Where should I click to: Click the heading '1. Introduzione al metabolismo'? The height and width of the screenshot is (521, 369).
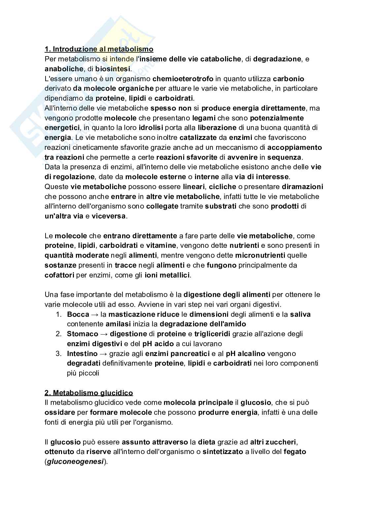(99, 49)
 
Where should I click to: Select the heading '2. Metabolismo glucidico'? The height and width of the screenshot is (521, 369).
(89, 393)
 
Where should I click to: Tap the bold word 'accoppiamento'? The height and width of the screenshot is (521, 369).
(294, 147)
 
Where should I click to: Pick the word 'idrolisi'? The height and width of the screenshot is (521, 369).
(151, 128)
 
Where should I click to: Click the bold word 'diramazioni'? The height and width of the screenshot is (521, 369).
(302, 186)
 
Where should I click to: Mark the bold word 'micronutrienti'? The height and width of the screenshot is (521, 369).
(260, 255)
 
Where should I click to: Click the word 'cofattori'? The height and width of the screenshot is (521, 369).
(59, 275)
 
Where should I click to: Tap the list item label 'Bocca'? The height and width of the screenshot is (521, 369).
(78, 314)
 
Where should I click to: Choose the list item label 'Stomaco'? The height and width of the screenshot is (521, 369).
(83, 334)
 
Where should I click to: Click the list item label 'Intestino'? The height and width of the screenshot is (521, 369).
(82, 353)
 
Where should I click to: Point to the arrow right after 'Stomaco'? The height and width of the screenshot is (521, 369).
(104, 334)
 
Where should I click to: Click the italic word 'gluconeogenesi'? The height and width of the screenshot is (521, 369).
(76, 462)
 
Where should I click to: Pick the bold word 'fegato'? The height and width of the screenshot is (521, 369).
(295, 452)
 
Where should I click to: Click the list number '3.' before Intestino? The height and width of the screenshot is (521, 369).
(58, 353)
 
